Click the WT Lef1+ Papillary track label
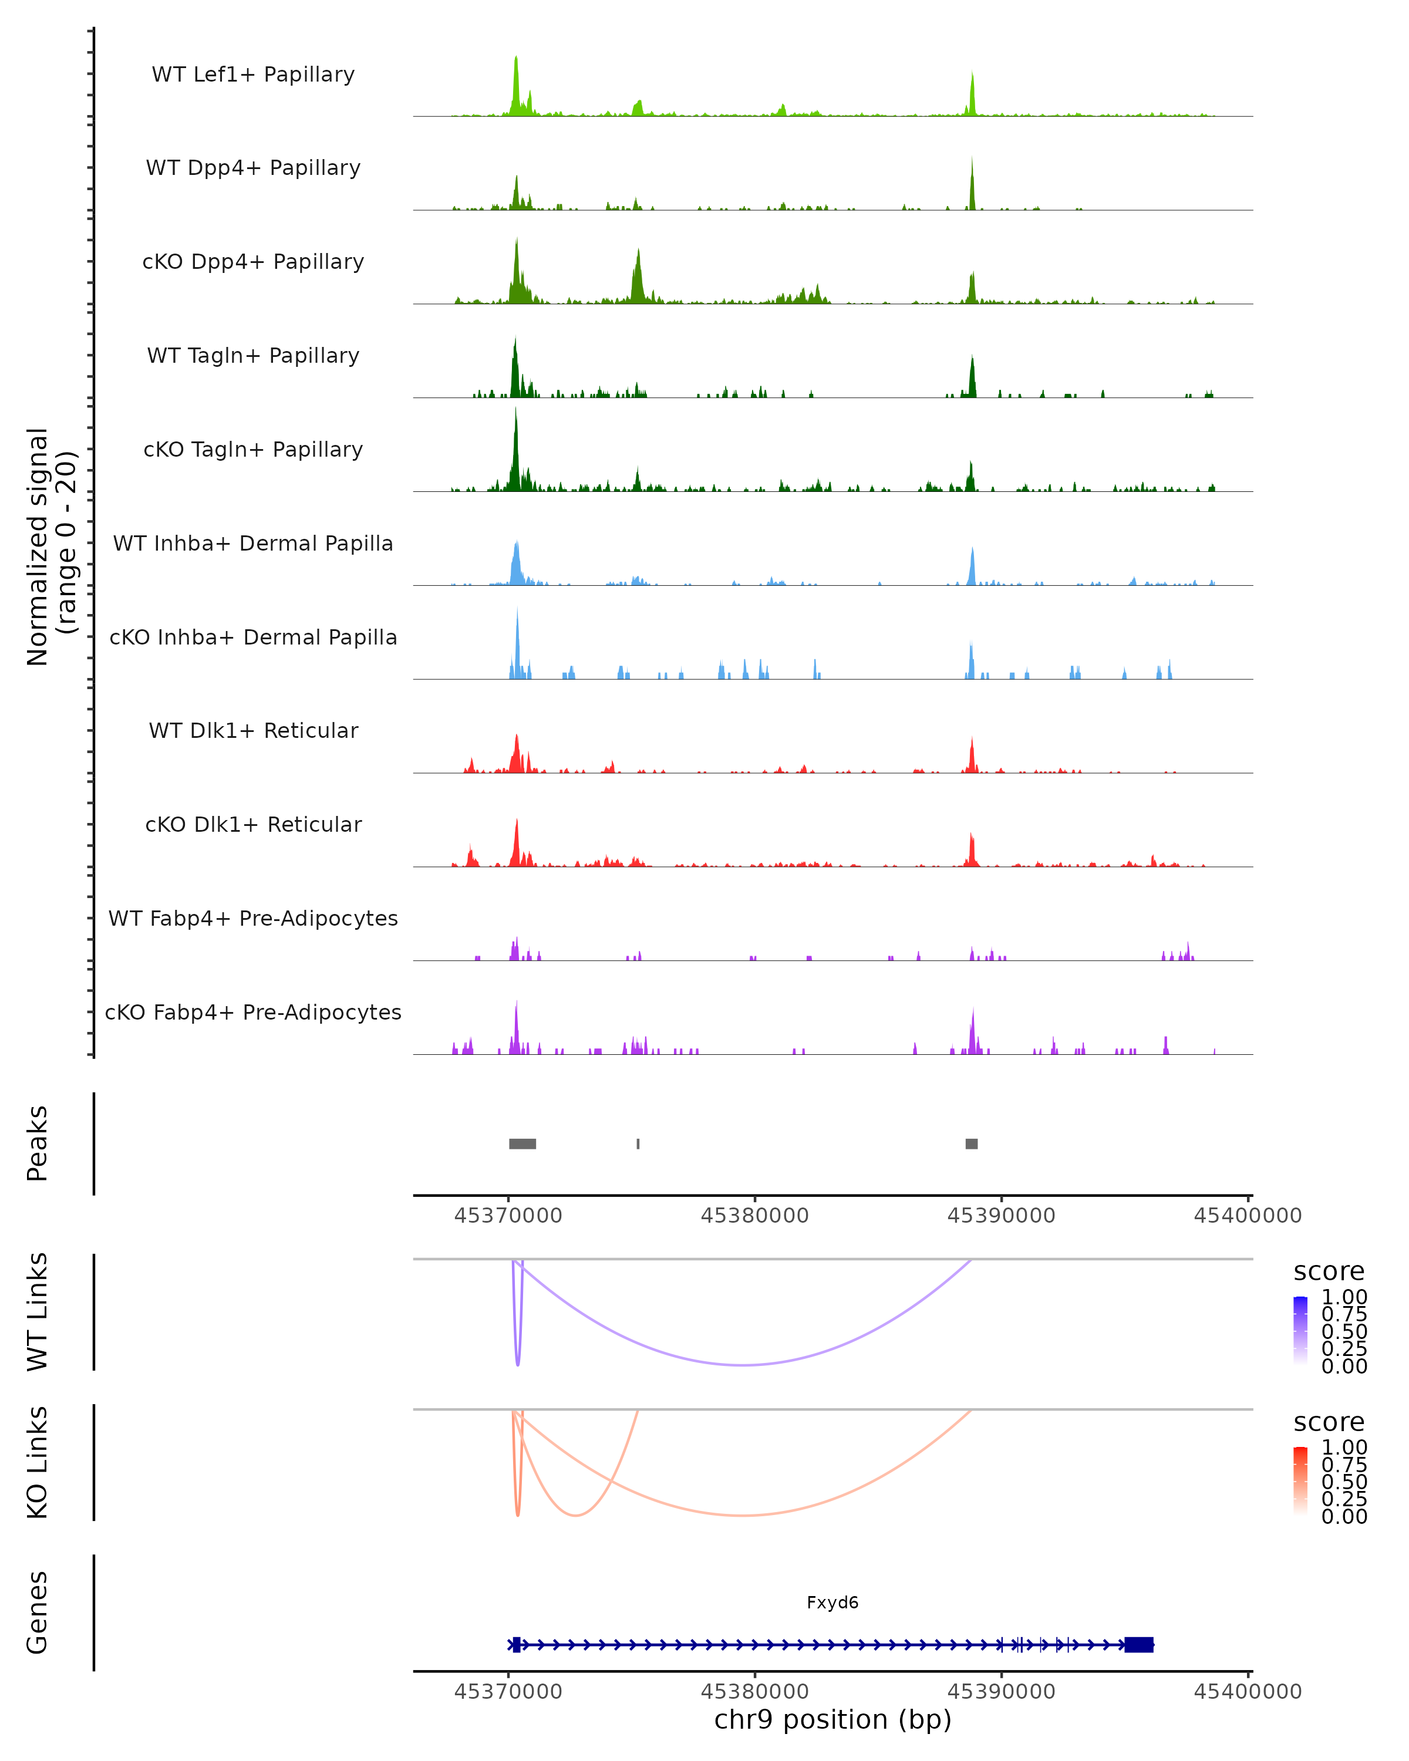253,75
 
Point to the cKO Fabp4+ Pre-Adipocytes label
253,1012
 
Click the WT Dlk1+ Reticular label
253,730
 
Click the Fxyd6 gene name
832,1603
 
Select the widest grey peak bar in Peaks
523,1143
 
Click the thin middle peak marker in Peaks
638,1143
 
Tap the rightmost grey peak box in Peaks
971,1143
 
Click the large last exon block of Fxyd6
1138,1644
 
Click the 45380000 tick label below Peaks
755,1216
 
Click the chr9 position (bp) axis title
832,1719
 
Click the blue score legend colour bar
1300,1331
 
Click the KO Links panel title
38,1462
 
